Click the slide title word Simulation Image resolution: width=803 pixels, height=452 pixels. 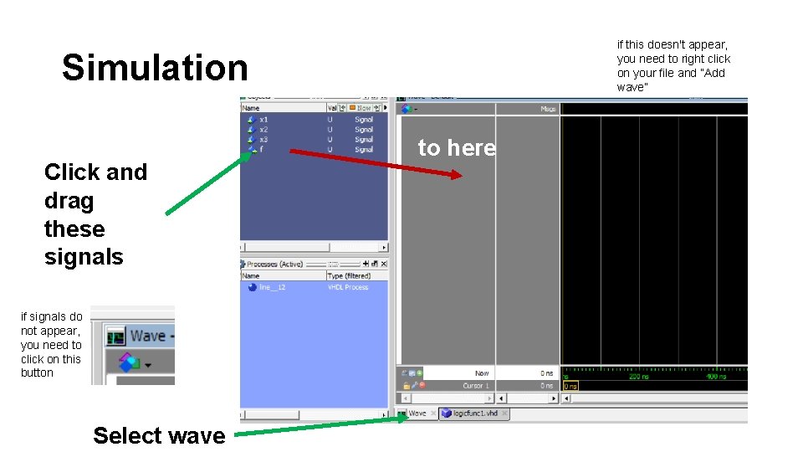(x=155, y=68)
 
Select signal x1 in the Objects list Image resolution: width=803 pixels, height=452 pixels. (x=263, y=120)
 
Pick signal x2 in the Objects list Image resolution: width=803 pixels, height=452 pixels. (x=263, y=130)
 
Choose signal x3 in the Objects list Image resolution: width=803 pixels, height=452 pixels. (x=263, y=140)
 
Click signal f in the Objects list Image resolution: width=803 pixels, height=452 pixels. (x=261, y=150)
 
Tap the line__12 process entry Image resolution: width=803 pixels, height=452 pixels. (x=272, y=287)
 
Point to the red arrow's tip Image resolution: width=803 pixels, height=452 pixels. (x=459, y=176)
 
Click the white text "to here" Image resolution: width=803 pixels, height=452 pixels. (x=457, y=148)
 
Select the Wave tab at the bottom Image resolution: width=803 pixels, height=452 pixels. (x=417, y=413)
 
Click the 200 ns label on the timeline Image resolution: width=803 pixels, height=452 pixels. (x=639, y=377)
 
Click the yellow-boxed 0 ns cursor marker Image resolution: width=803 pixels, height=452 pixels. (x=570, y=386)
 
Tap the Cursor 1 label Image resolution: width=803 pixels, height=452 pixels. (x=476, y=385)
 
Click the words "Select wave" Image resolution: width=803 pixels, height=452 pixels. (x=159, y=435)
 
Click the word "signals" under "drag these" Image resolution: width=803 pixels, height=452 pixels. (x=84, y=257)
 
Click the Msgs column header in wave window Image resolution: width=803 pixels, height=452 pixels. (x=548, y=109)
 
